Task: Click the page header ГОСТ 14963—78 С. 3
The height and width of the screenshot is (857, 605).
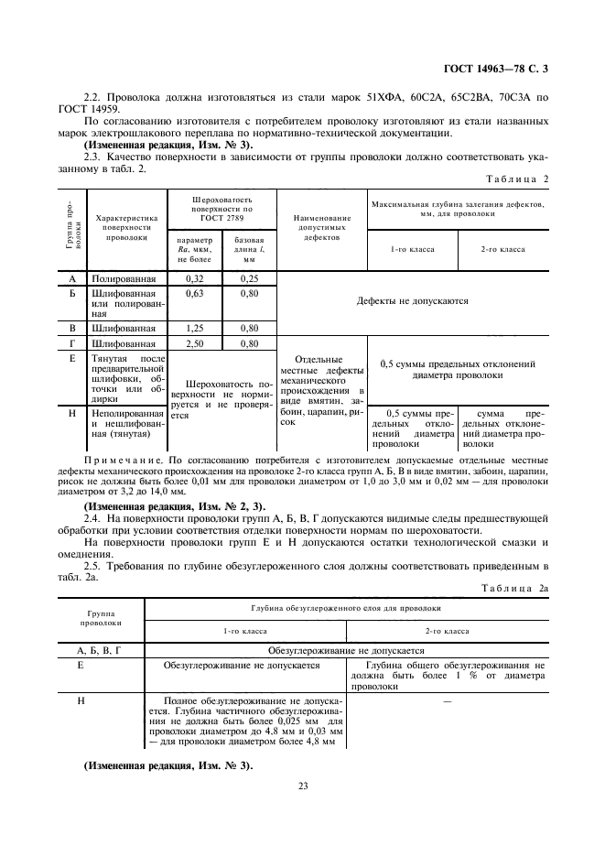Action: (493, 69)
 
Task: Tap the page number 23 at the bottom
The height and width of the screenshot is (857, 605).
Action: (302, 784)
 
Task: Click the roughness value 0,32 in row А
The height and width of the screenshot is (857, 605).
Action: (193, 277)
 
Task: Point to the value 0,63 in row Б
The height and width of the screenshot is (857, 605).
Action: (193, 293)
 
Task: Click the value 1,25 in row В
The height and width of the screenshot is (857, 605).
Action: (193, 328)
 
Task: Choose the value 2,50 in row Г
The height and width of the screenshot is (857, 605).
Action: (193, 343)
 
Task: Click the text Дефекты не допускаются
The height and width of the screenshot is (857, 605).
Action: (412, 300)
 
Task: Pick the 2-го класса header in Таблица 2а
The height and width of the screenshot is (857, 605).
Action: (447, 631)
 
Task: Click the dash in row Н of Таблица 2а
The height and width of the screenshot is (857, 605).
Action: (448, 700)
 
